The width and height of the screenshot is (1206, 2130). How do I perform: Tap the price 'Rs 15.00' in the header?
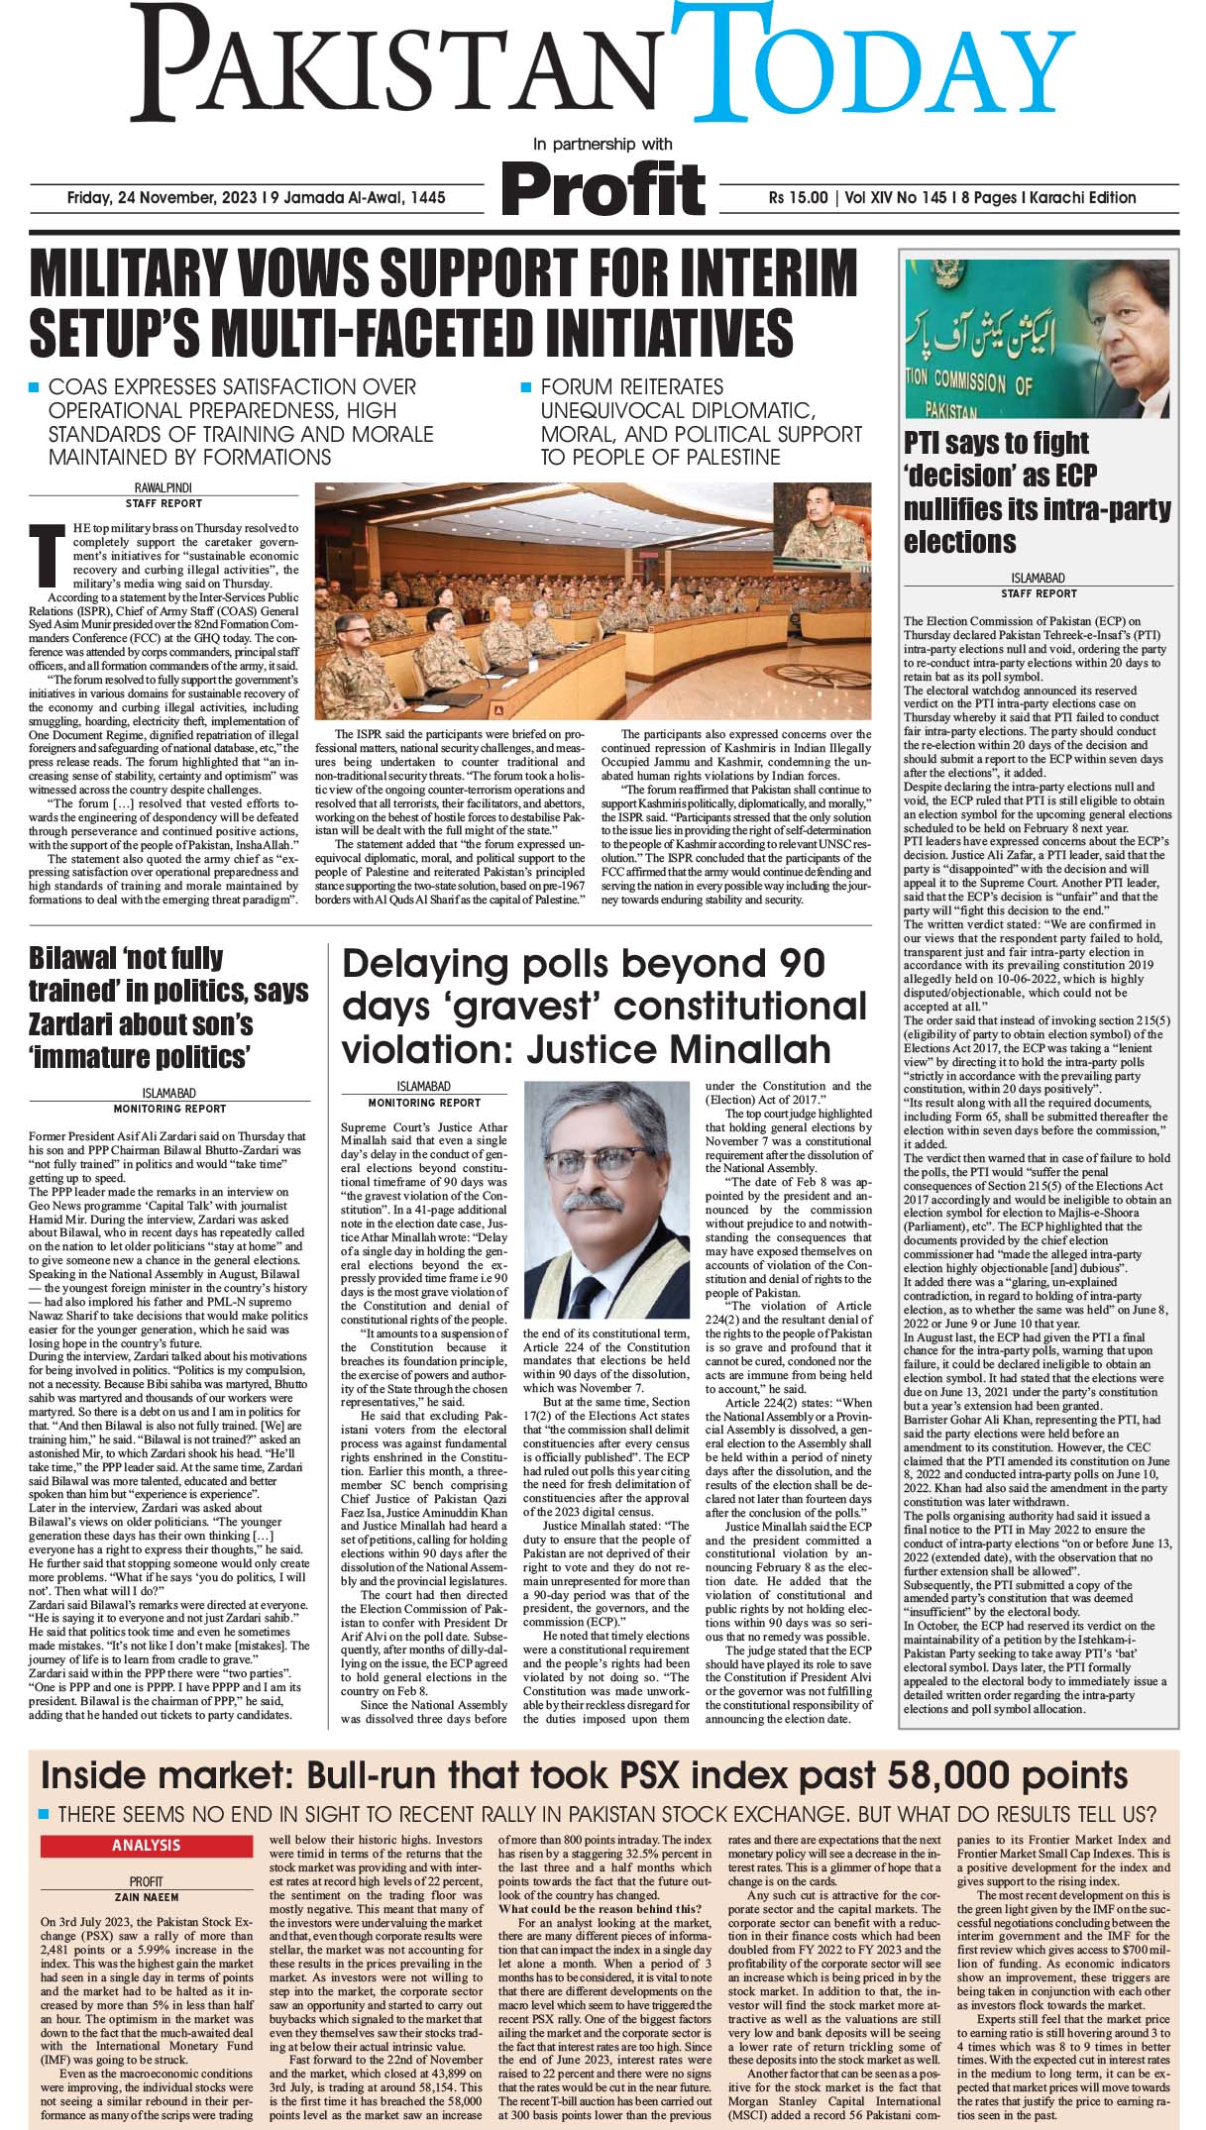pyautogui.click(x=799, y=198)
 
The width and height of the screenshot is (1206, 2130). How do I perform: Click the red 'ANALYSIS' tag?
pyautogui.click(x=146, y=1846)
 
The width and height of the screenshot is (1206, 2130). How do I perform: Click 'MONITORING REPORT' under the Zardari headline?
pyautogui.click(x=169, y=1109)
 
